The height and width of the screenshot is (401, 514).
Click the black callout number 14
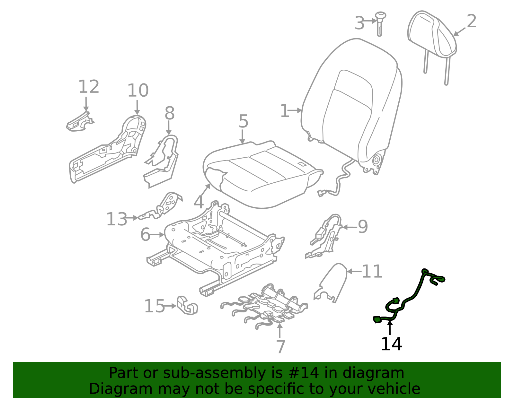391,344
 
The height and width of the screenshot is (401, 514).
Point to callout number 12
89,87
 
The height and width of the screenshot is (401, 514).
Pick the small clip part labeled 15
187,305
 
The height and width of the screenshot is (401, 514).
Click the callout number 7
280,347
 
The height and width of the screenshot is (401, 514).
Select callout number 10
138,91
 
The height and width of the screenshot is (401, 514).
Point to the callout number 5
243,122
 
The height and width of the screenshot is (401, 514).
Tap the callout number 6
145,235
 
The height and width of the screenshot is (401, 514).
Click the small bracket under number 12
79,123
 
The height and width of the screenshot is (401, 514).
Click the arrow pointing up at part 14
390,327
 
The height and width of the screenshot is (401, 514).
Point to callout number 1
284,111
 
